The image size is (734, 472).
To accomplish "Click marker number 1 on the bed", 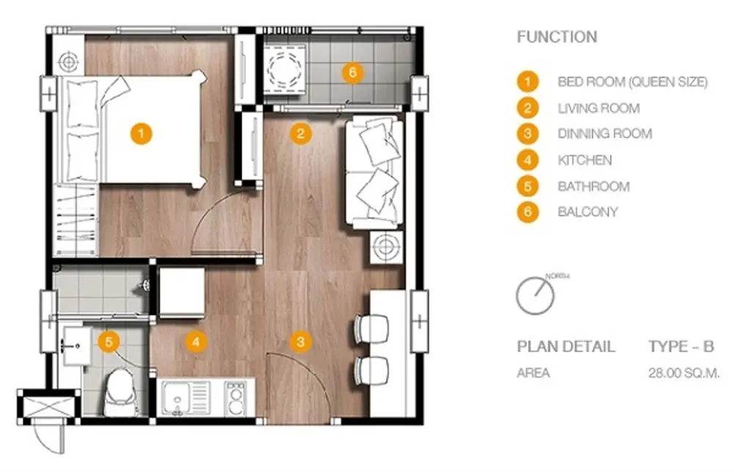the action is [141, 134].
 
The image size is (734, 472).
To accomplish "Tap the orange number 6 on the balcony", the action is [352, 73].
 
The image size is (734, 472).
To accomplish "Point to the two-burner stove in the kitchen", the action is [236, 399].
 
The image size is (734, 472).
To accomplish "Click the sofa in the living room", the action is [374, 173].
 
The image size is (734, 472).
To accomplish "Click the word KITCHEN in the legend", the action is [585, 160].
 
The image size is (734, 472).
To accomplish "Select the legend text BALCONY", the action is [587, 211].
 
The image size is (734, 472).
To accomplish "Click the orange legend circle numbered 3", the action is [528, 134].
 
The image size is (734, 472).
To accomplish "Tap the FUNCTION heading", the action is [557, 37].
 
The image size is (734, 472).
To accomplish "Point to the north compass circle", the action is [535, 296].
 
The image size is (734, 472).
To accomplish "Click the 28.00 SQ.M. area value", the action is [684, 373].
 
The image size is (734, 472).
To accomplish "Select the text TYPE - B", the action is [681, 346].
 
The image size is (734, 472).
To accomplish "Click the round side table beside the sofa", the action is [386, 247].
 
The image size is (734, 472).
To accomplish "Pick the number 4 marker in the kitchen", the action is [196, 342].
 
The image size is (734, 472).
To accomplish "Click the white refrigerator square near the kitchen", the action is [182, 292].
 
